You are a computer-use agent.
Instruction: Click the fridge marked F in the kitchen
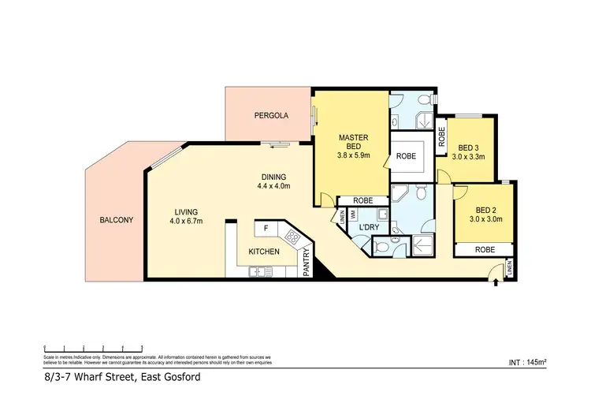(266, 229)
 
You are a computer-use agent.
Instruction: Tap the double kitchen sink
(258, 272)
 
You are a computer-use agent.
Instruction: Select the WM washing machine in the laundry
(354, 215)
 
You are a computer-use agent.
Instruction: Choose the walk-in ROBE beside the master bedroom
(407, 156)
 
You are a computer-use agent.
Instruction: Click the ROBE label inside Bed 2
(484, 249)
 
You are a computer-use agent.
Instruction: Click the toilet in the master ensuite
(423, 100)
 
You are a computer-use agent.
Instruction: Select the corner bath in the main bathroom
(403, 194)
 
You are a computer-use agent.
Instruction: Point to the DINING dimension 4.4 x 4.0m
(273, 187)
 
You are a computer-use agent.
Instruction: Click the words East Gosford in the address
(170, 378)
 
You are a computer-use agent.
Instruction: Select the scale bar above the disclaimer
(93, 348)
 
